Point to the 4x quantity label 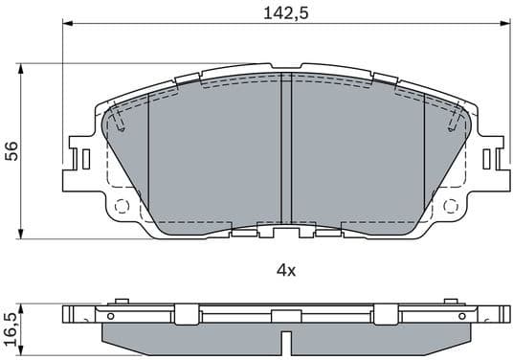(285, 271)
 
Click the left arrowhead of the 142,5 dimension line (67, 27)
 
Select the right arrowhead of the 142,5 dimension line (500, 27)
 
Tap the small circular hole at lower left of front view (121, 205)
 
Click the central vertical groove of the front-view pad (284, 153)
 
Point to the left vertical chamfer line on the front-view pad (148, 158)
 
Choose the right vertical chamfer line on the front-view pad (423, 158)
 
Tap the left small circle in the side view (110, 315)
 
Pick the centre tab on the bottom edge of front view (284, 232)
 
